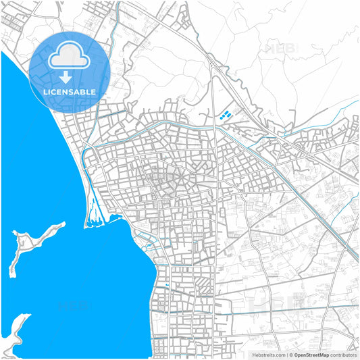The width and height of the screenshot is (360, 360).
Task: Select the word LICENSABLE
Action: (x=69, y=92)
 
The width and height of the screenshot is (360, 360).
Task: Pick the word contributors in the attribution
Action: (x=343, y=355)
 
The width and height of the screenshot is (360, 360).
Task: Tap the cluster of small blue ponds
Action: (x=227, y=115)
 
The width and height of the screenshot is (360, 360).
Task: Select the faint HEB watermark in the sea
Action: (x=74, y=305)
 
